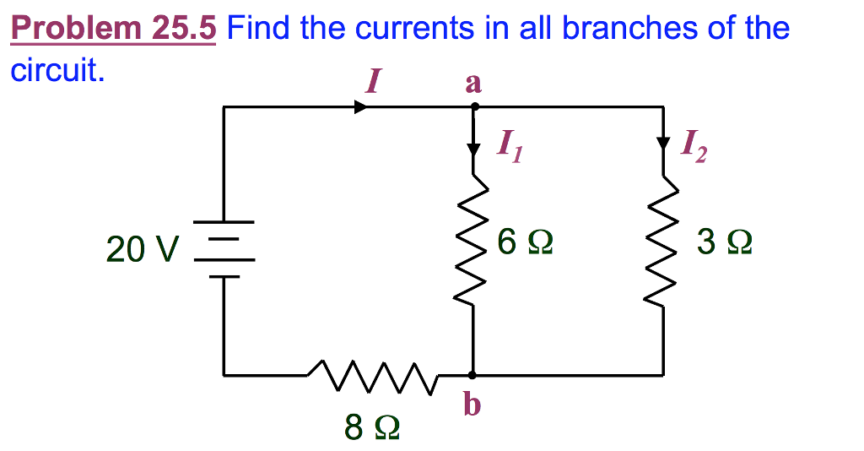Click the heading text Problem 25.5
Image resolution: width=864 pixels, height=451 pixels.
point(113,29)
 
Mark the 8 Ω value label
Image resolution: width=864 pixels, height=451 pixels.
point(371,428)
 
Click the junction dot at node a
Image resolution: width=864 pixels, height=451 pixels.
point(473,107)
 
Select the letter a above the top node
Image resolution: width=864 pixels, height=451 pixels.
point(472,83)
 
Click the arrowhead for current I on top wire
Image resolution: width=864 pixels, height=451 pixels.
point(361,107)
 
